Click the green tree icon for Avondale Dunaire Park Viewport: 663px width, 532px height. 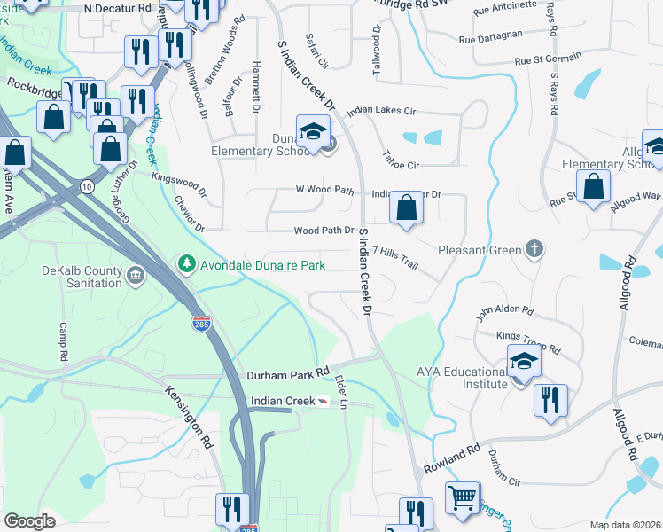[x=186, y=263]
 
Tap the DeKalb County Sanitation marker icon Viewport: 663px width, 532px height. [x=136, y=275]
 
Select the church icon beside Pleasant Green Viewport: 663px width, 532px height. [x=534, y=249]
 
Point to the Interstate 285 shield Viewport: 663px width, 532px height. [x=202, y=325]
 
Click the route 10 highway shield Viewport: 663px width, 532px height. [x=86, y=186]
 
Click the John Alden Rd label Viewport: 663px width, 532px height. [x=504, y=312]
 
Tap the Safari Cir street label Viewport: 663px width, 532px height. [x=316, y=52]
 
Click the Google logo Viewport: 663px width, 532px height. [x=29, y=521]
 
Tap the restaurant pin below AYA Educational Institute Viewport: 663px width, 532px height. [x=550, y=400]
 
